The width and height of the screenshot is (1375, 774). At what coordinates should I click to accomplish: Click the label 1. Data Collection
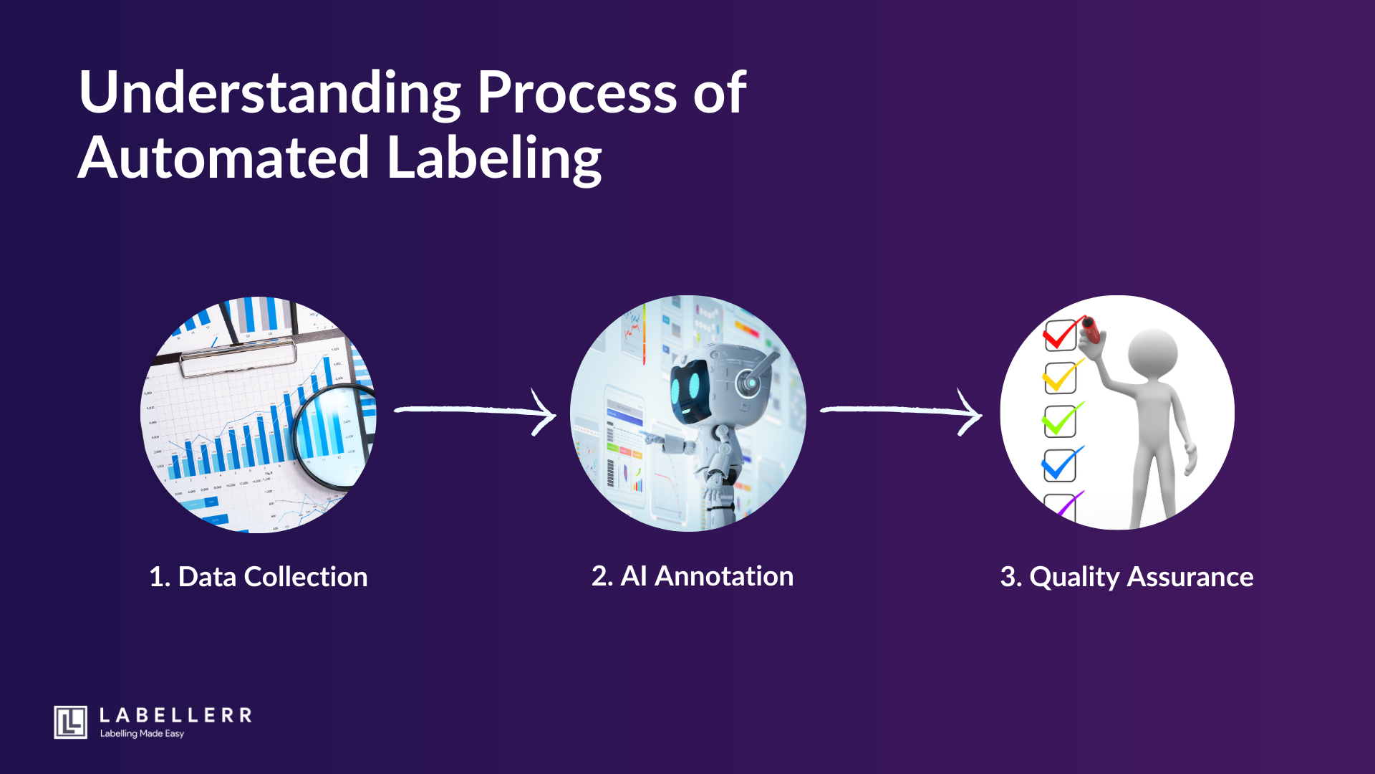click(x=258, y=577)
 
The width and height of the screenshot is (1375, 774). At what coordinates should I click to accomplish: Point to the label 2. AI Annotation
click(x=692, y=576)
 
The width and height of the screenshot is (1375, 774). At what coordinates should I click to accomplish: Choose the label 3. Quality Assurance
click(x=1126, y=577)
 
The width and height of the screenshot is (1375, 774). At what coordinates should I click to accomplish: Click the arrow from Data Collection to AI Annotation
click(x=476, y=411)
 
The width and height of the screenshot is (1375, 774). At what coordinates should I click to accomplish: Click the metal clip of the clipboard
click(x=238, y=356)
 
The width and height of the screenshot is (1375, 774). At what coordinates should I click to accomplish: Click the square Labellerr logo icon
click(x=70, y=722)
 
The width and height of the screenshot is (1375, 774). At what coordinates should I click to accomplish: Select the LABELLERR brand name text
click(x=175, y=715)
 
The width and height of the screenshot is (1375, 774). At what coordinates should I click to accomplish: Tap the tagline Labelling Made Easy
click(x=142, y=734)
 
